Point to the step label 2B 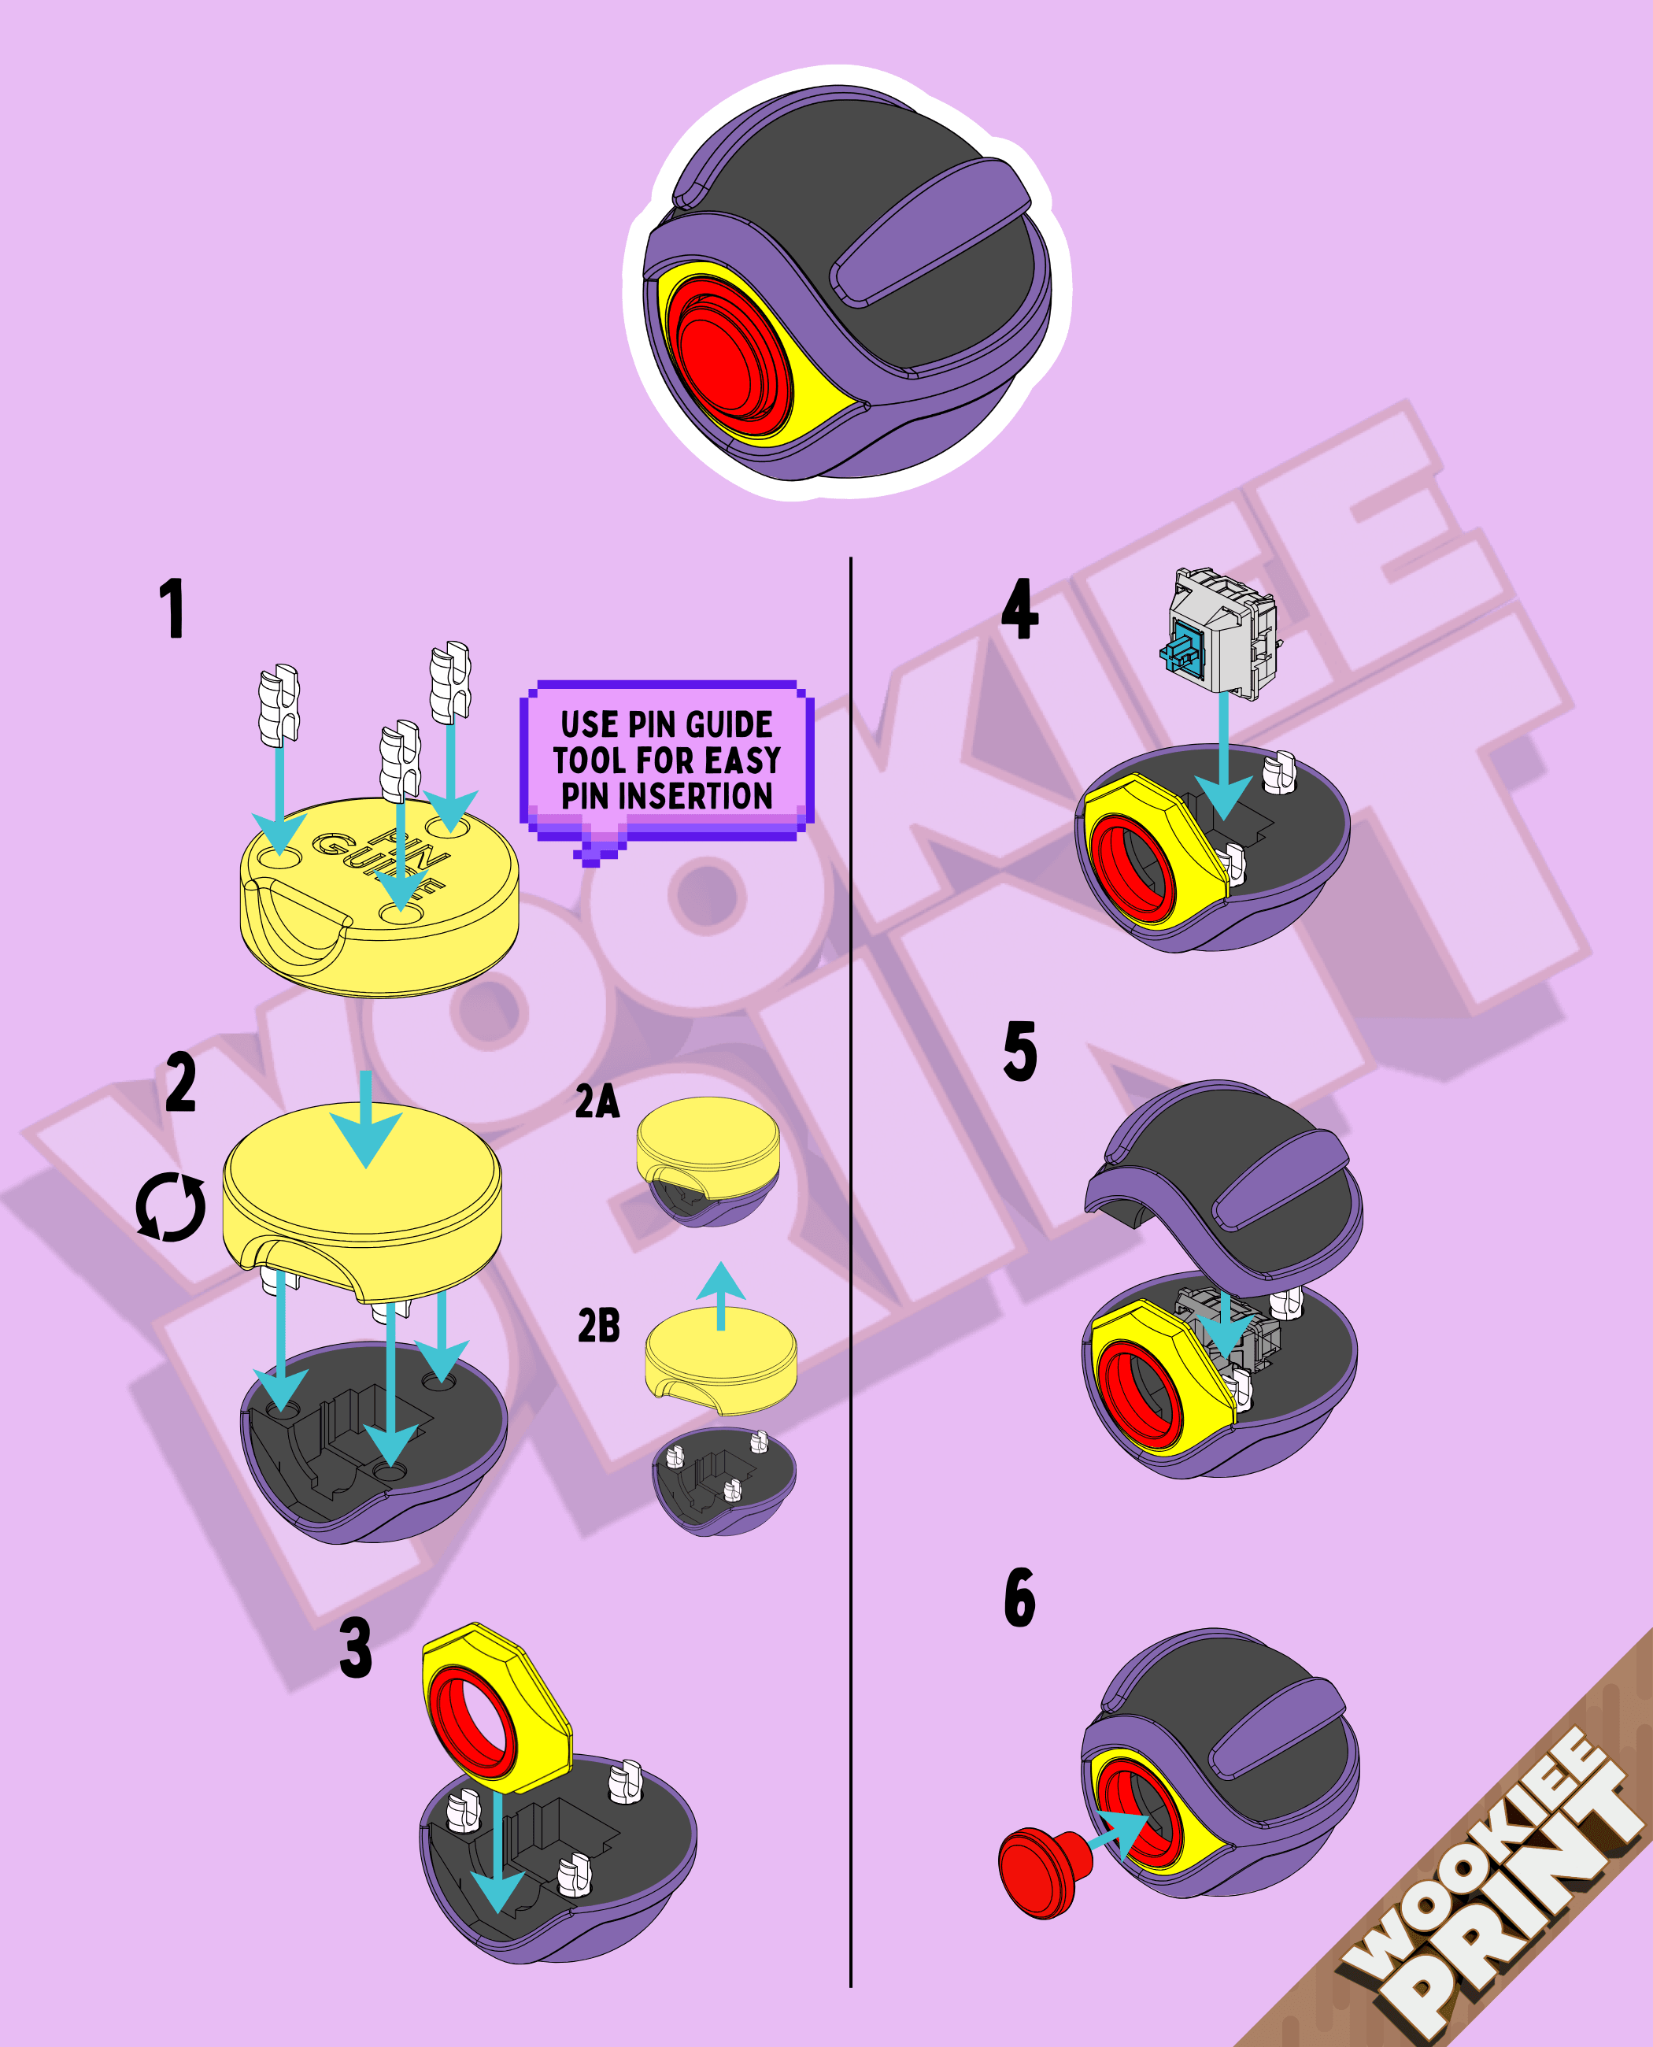599,1325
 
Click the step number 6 1020,1597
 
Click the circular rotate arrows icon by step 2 171,1207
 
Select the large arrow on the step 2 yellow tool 366,1117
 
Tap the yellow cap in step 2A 708,1147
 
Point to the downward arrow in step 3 497,1853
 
